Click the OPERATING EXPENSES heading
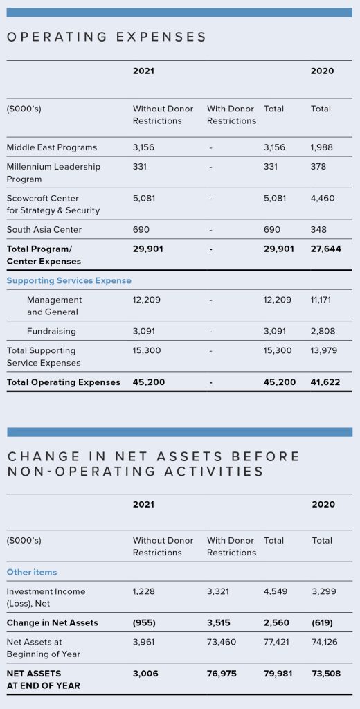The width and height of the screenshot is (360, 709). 107,37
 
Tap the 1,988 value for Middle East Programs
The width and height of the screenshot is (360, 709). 323,147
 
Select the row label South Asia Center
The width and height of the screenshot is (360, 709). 44,230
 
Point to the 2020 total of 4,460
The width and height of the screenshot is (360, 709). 323,198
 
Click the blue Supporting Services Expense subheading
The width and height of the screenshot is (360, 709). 69,281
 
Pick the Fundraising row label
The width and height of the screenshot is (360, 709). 51,332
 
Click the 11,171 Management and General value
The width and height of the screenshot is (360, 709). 321,300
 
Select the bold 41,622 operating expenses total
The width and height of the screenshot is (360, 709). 325,382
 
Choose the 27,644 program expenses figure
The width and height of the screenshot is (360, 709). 325,249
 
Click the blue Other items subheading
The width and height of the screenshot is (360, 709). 32,572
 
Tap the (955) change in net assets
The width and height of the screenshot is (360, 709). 144,622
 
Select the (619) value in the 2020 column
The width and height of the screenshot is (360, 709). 323,622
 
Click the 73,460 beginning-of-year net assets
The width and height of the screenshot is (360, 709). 222,642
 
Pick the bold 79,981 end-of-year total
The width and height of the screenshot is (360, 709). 278,673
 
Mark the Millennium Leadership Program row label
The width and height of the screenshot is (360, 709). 54,172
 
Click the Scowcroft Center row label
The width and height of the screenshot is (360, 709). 53,204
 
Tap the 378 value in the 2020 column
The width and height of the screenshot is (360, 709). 318,166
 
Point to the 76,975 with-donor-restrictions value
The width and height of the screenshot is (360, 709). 222,673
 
